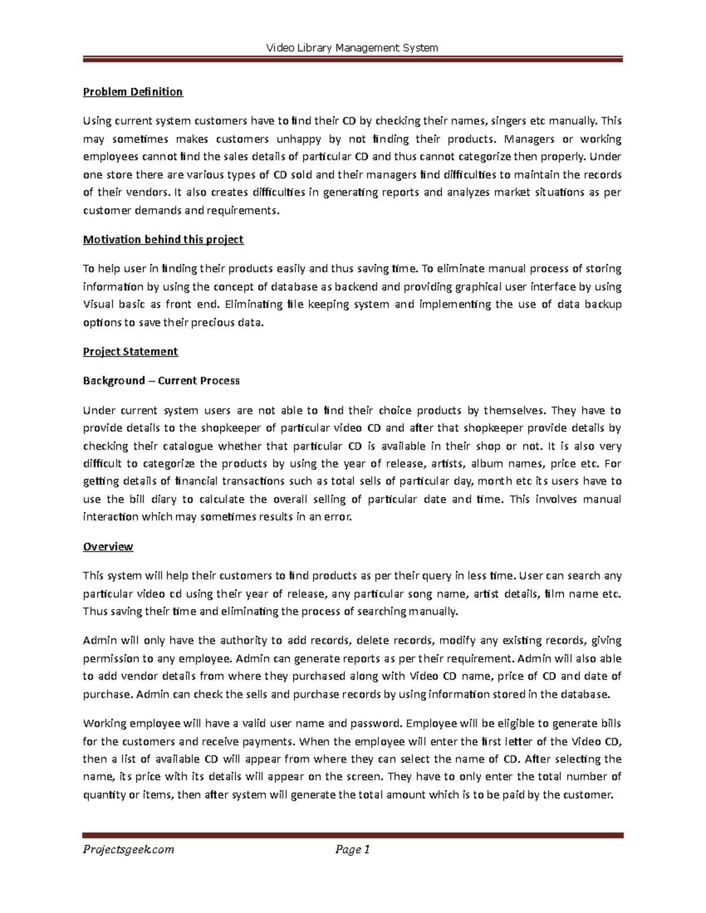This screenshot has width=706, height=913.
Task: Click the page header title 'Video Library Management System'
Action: tap(352, 48)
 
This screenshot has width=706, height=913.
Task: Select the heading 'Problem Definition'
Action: tap(133, 92)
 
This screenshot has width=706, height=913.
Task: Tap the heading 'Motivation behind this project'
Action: tap(163, 239)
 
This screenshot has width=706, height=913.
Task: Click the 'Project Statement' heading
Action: tap(130, 352)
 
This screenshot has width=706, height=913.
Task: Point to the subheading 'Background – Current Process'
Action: tap(161, 381)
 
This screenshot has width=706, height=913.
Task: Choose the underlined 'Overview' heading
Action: tap(108, 547)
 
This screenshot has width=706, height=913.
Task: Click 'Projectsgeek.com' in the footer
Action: tap(128, 850)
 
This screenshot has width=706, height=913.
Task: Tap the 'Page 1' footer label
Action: tap(352, 850)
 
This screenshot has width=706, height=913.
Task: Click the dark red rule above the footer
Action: tap(352, 835)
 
